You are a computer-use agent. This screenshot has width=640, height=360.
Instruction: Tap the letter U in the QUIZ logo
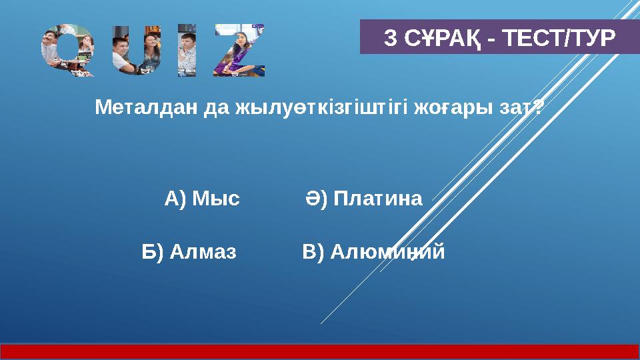click(135, 51)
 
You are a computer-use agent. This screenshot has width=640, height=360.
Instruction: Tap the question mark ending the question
click(538, 107)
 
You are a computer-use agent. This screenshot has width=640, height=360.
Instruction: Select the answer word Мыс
click(215, 199)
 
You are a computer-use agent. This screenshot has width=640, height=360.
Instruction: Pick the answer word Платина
click(378, 199)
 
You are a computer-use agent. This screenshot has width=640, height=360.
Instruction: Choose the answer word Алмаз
click(203, 252)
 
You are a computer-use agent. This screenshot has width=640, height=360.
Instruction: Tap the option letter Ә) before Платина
click(317, 199)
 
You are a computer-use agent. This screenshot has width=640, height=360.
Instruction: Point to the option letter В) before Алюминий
click(313, 252)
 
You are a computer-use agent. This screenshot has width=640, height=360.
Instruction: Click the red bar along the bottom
click(320, 351)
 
